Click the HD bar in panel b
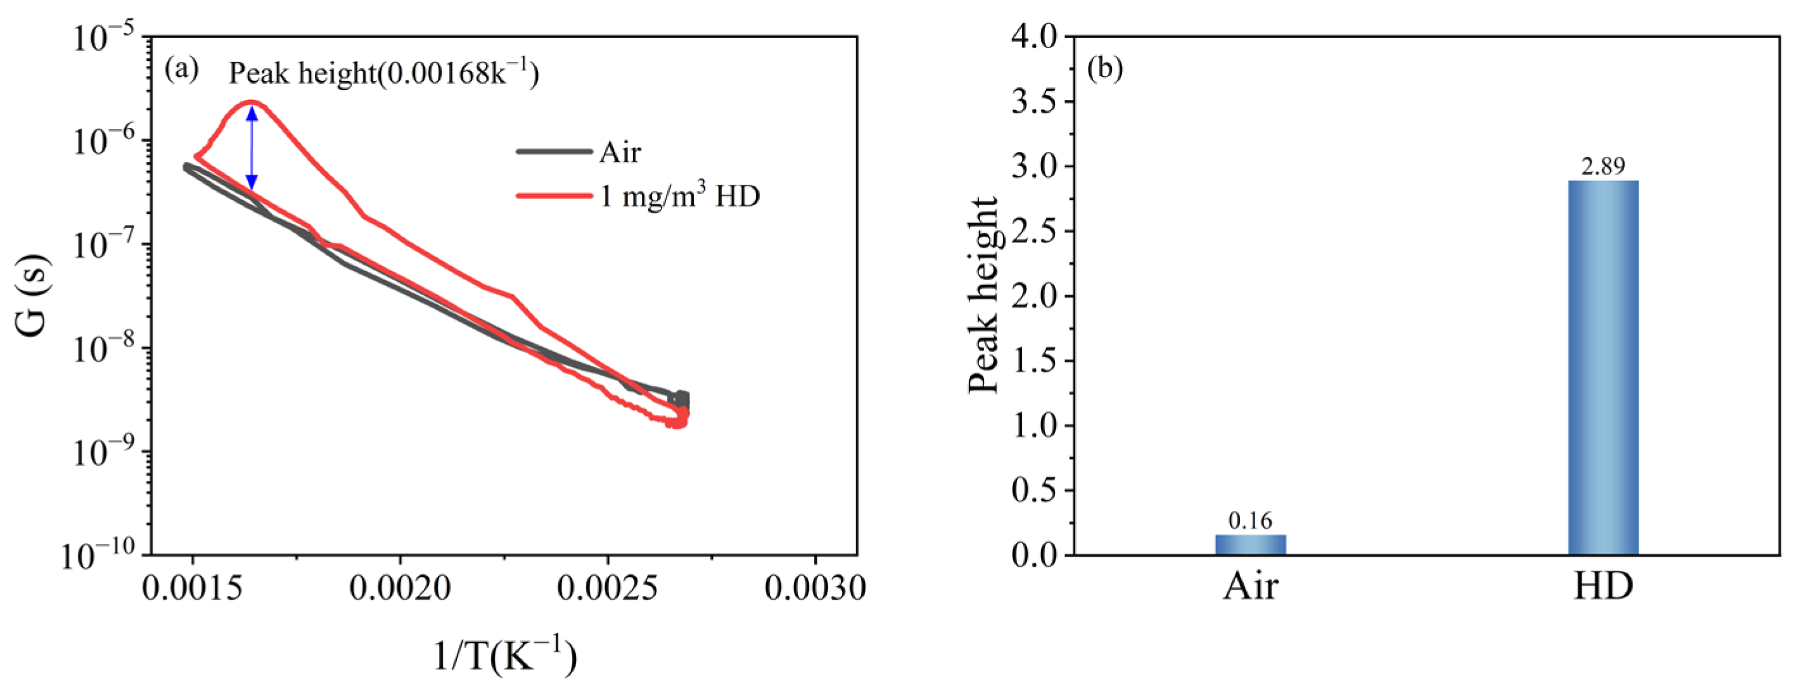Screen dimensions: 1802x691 (x=1602, y=367)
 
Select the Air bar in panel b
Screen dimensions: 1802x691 (x=1250, y=545)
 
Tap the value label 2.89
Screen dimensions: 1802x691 (x=1602, y=167)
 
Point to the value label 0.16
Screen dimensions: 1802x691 (x=1250, y=521)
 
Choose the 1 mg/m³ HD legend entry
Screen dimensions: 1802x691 (x=639, y=196)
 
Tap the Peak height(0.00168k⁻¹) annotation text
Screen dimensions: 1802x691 (x=383, y=73)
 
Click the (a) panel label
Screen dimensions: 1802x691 (x=181, y=69)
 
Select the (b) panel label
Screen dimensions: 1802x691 (x=1105, y=69)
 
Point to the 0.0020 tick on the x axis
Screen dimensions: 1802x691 (x=400, y=588)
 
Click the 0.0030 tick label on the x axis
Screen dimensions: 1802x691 (x=815, y=588)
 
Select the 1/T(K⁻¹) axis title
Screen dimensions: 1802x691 (x=505, y=656)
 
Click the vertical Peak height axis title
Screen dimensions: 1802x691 (x=983, y=295)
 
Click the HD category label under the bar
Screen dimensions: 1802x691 (x=1602, y=586)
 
